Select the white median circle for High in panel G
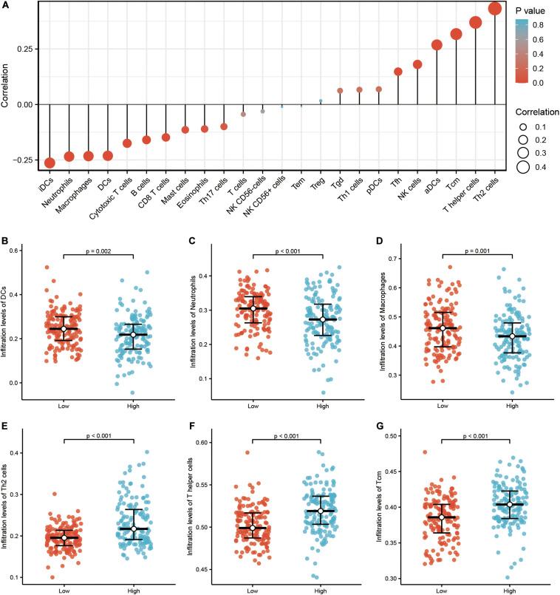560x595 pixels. tap(510, 504)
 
